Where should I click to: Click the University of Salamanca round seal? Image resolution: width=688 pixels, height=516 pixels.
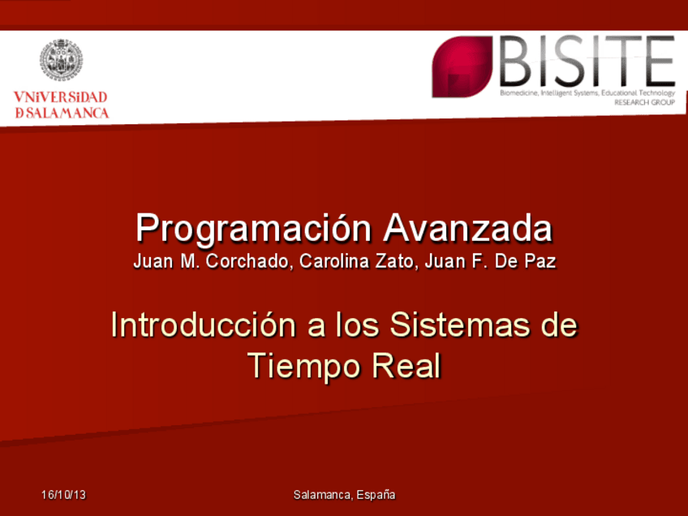(61, 60)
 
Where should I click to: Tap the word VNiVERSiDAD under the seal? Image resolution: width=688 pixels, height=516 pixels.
(61, 97)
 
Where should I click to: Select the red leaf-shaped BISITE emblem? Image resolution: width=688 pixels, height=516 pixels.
(462, 67)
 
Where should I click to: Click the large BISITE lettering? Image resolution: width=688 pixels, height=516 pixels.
(587, 62)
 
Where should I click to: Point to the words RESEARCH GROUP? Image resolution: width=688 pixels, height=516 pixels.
(644, 103)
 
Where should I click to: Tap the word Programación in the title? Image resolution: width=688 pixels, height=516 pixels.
(254, 229)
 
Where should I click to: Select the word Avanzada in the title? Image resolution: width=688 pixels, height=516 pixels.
(468, 228)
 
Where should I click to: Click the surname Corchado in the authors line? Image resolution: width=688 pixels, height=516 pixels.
(247, 261)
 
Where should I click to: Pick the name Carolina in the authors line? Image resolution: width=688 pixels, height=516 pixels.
(334, 261)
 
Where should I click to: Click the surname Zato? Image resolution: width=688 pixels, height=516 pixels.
(395, 261)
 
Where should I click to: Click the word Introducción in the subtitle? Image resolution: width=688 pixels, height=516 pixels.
(204, 325)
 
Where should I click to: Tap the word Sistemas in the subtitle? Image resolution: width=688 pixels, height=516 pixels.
(460, 325)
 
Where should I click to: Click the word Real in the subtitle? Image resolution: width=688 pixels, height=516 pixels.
(406, 366)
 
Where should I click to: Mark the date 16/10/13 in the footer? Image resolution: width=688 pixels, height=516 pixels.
(63, 495)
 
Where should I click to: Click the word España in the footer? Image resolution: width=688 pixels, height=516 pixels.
(376, 495)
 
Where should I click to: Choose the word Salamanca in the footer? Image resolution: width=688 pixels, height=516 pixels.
(323, 495)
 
